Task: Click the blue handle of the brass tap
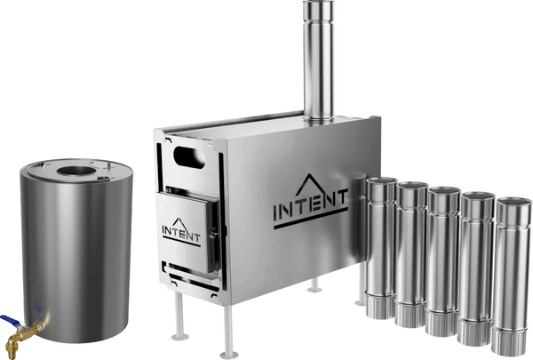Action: pos(10,321)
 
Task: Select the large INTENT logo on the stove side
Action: pos(310,201)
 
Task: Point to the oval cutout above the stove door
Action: pos(189,156)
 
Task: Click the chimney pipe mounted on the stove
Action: pos(318,61)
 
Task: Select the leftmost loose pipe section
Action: pos(381,248)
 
